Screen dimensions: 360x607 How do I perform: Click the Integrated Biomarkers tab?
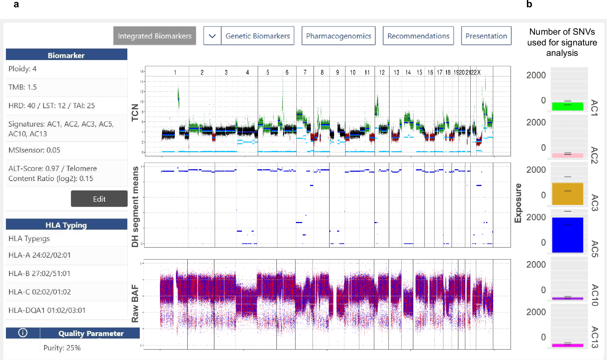(x=154, y=36)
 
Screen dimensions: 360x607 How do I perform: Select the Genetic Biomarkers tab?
(x=257, y=36)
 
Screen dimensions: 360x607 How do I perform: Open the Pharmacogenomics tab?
(x=338, y=36)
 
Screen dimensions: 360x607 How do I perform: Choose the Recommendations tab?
(x=418, y=36)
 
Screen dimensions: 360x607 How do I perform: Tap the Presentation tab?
(x=486, y=36)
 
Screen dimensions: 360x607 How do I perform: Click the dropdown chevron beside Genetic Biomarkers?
(x=212, y=36)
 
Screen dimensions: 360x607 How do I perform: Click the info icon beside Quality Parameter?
(x=23, y=333)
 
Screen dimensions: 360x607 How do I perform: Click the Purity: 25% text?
(x=62, y=348)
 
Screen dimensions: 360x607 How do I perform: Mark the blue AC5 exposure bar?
(x=567, y=235)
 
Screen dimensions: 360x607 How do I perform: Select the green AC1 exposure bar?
(x=567, y=106)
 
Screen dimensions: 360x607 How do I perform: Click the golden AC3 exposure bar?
(x=567, y=194)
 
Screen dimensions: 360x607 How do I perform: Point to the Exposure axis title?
(x=518, y=203)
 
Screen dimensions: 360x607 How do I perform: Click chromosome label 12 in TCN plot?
(x=382, y=72)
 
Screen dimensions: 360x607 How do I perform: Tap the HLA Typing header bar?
(x=66, y=225)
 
